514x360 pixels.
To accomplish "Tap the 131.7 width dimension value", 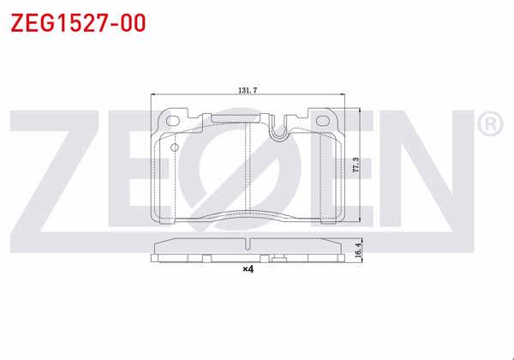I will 249,89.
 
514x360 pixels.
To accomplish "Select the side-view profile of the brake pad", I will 248,250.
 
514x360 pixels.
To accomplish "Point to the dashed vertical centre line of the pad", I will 248,171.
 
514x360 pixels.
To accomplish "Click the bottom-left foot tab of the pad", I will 160,218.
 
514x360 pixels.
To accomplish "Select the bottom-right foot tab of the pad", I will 335,218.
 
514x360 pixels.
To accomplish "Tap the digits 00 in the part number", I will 128,21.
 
